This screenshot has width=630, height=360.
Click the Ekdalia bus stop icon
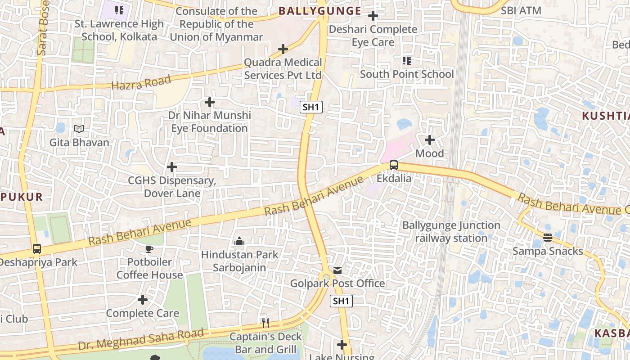point(394,165)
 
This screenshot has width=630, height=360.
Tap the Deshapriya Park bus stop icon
point(37,249)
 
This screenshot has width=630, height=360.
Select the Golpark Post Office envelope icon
point(337,270)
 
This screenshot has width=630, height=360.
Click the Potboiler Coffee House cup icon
point(149,249)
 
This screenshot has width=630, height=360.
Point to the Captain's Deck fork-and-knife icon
point(265,323)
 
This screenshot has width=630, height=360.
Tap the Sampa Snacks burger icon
point(548,238)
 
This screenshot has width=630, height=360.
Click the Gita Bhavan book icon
point(79,129)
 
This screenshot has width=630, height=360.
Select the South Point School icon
point(407,61)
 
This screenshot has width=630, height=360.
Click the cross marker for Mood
point(430,140)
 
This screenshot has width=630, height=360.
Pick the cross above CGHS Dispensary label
point(171,167)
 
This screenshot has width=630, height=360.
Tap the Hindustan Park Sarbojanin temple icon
point(239,242)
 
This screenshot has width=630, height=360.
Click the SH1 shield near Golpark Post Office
point(341,301)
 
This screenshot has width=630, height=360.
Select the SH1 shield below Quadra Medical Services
point(311,107)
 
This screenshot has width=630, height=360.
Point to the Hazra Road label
point(141,83)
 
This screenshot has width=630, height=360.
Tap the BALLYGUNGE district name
point(320,11)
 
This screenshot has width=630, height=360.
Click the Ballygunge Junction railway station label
point(451,232)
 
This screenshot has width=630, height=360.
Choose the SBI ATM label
point(521,10)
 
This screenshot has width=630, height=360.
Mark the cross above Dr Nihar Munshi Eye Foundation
point(210,103)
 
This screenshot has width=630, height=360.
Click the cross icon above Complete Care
point(143,300)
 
